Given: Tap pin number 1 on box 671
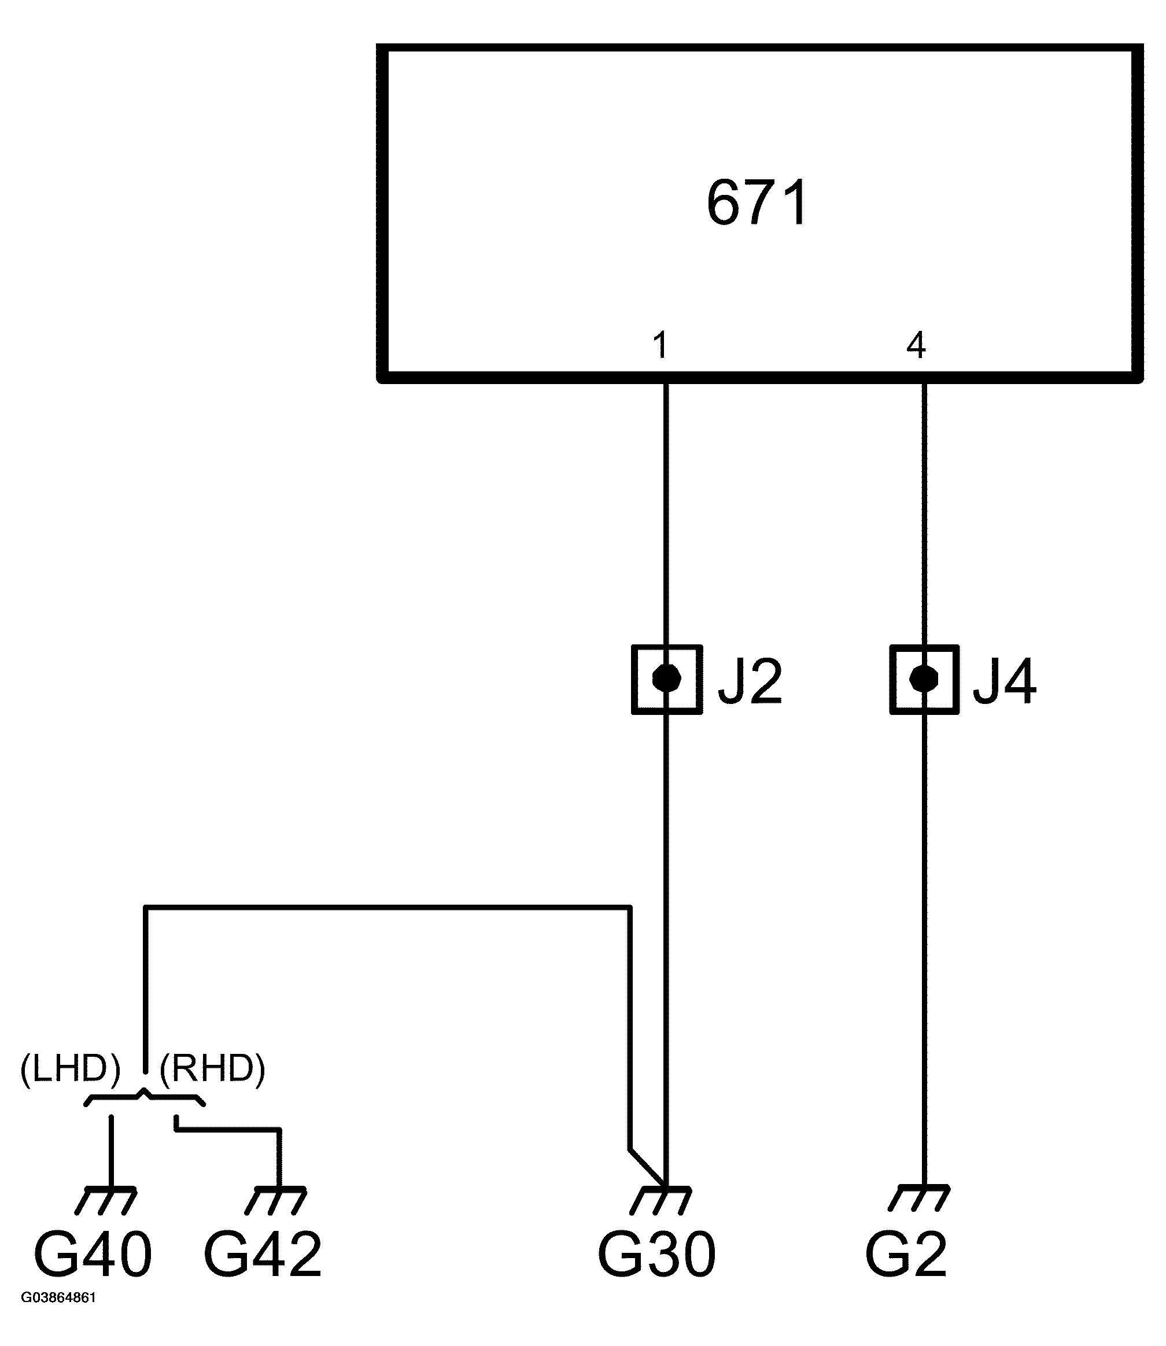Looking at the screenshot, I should coord(661,345).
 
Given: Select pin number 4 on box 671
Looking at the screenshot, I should coord(916,345).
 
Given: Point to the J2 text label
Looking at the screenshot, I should coord(750,682).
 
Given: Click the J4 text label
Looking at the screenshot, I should coord(1004,682).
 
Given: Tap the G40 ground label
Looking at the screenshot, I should coord(93,1254).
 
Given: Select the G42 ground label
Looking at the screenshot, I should coord(262,1254).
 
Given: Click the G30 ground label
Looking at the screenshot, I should coord(656,1254).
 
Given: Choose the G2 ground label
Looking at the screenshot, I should coord(906,1254).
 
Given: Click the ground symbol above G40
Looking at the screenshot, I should coord(106,1199).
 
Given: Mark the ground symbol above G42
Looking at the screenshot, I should coord(276,1199).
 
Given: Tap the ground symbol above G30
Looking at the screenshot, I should coord(661,1199).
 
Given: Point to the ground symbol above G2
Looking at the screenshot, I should coord(918,1198).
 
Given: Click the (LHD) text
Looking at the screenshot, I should coord(71,1069).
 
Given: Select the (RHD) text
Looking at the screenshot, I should coord(212,1069).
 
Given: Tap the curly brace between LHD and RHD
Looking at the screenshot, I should coord(145,1098).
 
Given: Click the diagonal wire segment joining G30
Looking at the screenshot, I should coord(647,1167).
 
